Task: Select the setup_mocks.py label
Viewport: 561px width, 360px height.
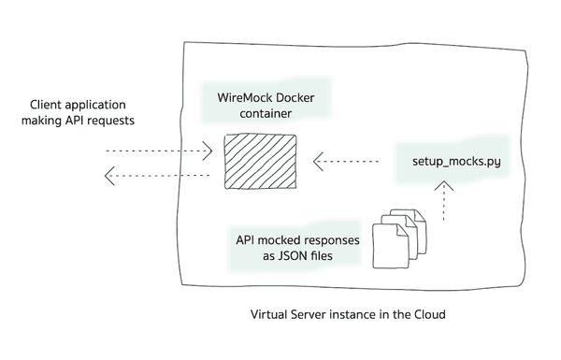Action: coord(456,162)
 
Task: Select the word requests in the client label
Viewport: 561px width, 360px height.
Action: coord(127,121)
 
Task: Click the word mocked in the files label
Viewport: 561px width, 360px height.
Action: coord(281,238)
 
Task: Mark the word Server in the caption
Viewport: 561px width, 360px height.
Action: coord(314,315)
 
